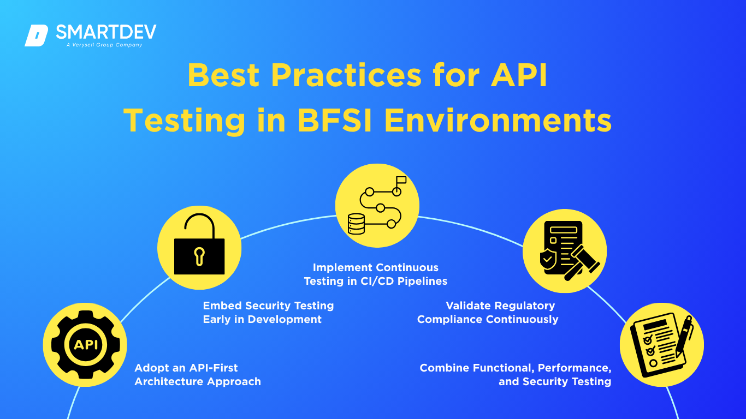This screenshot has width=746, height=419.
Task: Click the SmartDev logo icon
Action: coord(37,36)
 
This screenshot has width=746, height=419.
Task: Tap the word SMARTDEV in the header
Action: coord(106,32)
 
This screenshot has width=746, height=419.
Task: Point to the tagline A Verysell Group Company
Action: coord(104,45)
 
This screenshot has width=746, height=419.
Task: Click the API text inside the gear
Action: coord(85,345)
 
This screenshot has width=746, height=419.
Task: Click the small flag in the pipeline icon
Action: coord(401,180)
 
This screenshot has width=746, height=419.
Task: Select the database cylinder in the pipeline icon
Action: coord(356,222)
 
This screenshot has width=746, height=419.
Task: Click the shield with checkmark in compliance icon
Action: coord(547,260)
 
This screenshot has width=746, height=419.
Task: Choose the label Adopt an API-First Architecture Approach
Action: coord(198,374)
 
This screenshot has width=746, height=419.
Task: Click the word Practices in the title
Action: coord(346,75)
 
